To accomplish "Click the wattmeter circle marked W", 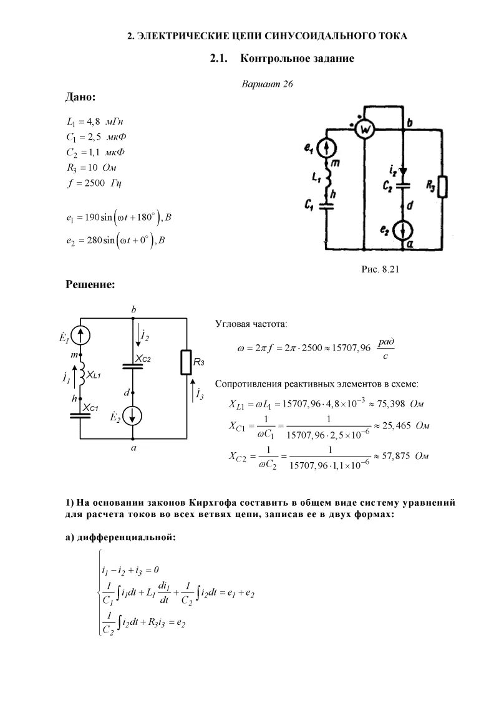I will [x=365, y=129].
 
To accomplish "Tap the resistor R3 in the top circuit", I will [x=443, y=186].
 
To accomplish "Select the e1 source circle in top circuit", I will [x=326, y=147].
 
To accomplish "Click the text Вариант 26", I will [x=267, y=84].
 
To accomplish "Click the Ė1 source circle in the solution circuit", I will [x=81, y=336].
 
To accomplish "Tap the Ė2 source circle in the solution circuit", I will [x=133, y=415].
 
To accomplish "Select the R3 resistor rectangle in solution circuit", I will [x=187, y=362].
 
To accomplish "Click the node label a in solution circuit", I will [x=133, y=448].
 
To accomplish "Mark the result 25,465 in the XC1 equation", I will [x=394, y=427].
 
